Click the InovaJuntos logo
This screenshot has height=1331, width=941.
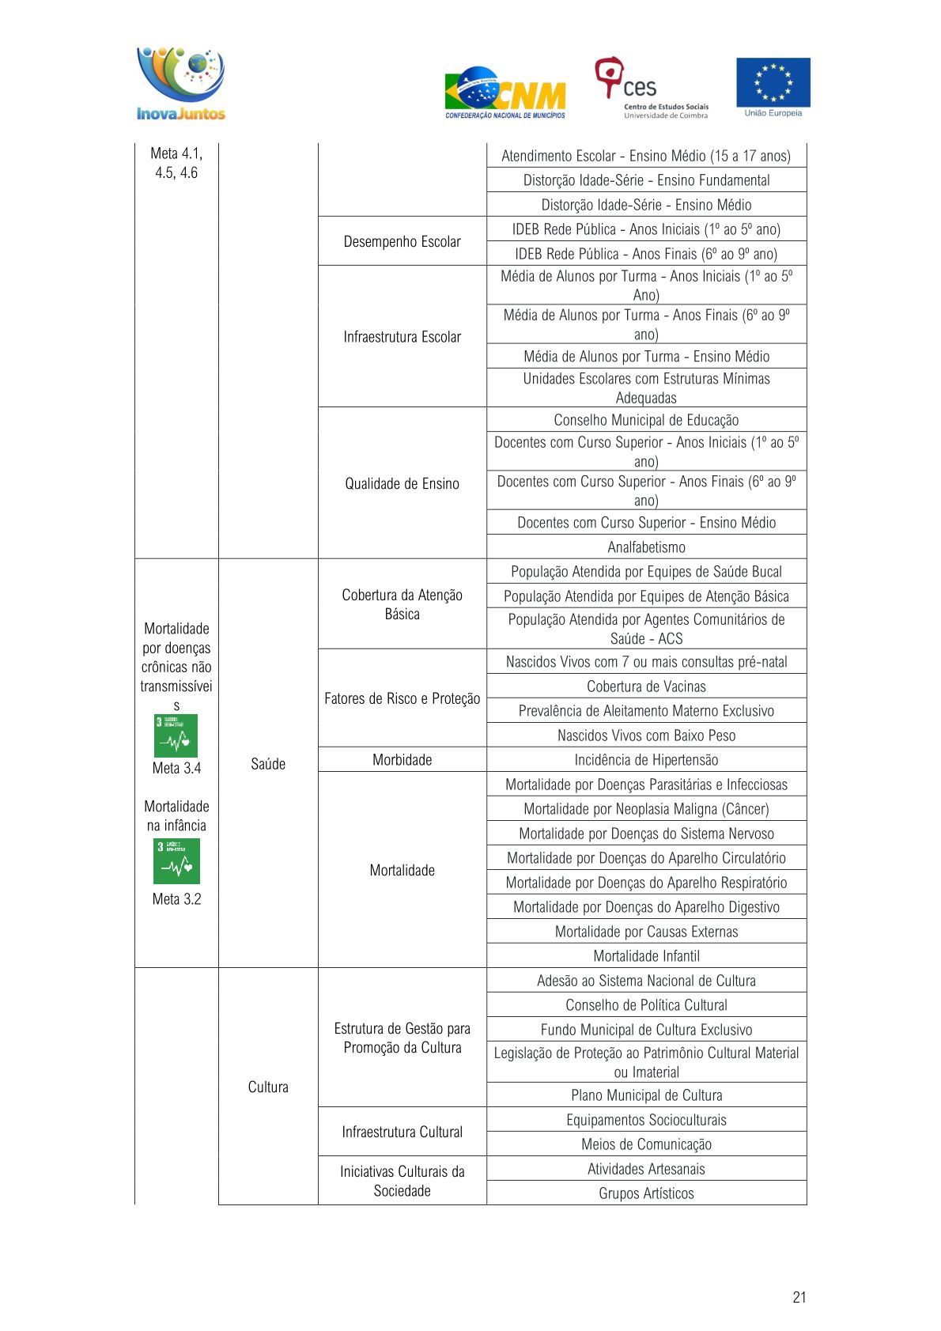181,84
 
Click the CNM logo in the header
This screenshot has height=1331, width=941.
505,93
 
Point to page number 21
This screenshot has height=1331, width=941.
799,1297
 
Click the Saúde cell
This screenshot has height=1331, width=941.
268,764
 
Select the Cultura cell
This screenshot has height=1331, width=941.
268,1087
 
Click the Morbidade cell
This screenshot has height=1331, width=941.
402,760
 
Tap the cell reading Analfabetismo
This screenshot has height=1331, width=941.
646,547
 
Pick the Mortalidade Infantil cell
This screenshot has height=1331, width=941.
646,956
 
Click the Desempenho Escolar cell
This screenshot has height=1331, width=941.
402,241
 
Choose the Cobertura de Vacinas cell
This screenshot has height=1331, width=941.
646,686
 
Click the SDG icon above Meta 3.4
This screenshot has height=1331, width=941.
176,736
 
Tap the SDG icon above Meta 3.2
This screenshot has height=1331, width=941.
176,861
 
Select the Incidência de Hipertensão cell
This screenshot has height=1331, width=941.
646,760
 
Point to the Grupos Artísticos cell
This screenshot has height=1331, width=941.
646,1193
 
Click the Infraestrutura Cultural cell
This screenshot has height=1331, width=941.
402,1132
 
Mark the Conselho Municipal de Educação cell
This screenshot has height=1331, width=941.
646,420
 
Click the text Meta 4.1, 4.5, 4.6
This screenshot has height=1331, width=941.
176,163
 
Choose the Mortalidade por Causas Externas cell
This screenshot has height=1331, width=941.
646,932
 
